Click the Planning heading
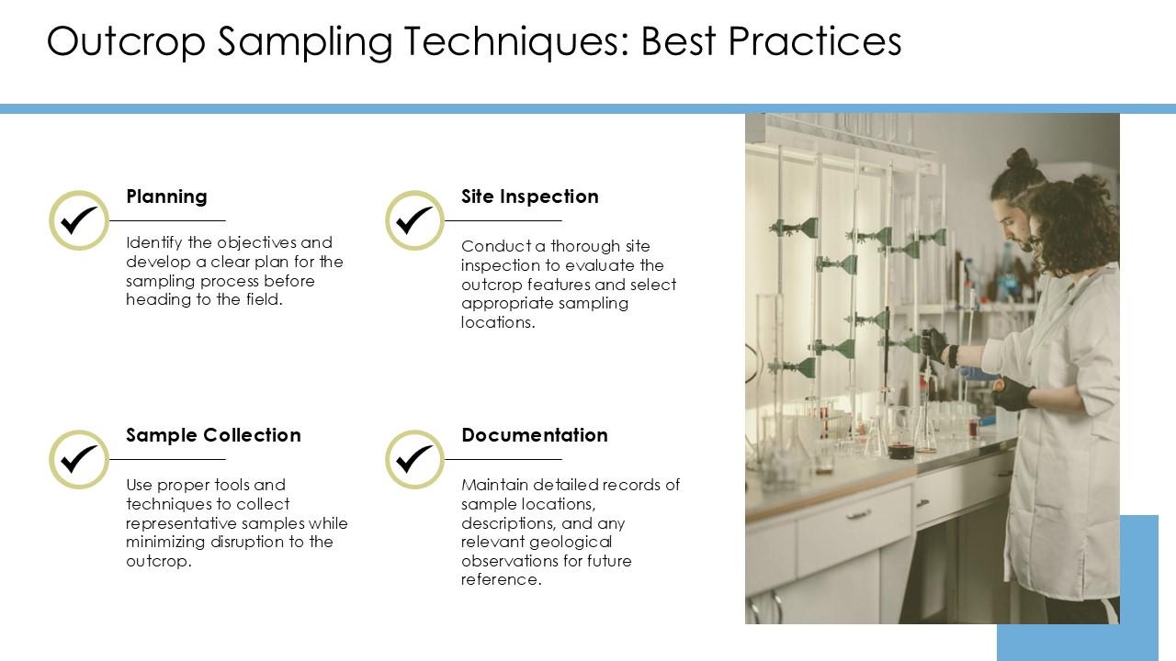pos(166,196)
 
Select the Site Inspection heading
pos(529,196)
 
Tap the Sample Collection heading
pos(213,435)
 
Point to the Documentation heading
pos(534,435)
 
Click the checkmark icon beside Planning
pos(79,220)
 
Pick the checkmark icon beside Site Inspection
pos(415,220)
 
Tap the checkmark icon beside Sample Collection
pos(79,459)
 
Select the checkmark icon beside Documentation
pos(415,459)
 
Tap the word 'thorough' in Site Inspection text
pos(585,246)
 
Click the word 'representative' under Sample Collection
pos(181,523)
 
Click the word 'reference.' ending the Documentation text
pos(501,580)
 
